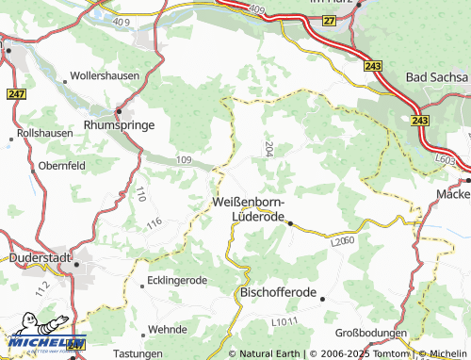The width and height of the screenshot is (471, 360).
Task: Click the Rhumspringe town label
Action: (119, 123)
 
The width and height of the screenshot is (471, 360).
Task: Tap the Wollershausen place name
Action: (105, 74)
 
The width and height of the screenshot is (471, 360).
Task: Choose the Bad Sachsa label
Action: (436, 74)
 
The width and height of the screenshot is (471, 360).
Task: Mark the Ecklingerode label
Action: (178, 281)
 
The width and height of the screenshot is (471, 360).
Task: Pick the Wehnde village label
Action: (168, 330)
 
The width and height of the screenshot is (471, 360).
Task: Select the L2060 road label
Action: (342, 241)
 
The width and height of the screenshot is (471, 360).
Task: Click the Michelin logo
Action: (41, 345)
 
